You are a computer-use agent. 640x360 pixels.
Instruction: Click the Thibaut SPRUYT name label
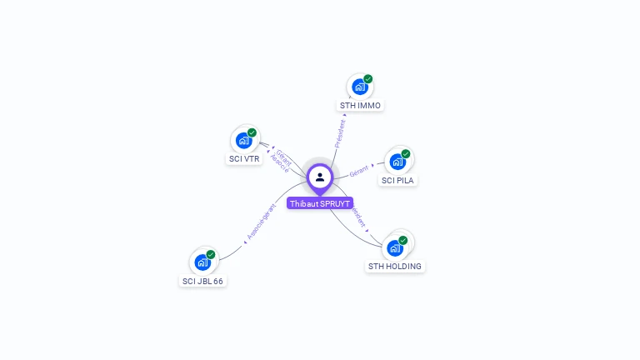coord(320,203)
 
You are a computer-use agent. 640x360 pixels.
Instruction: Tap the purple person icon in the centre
coord(320,177)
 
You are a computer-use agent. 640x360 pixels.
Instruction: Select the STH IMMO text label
coord(360,106)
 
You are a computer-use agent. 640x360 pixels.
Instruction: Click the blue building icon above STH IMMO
coord(359,87)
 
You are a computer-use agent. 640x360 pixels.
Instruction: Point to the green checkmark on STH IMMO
coord(368,79)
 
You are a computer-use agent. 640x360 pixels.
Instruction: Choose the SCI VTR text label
coord(244,158)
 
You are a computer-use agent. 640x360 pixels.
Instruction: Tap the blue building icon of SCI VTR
coord(243,140)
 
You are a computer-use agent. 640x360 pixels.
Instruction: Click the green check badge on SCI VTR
coord(252,132)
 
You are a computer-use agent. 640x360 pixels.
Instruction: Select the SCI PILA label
coord(397,180)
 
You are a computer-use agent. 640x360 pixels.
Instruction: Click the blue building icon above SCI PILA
coord(397,161)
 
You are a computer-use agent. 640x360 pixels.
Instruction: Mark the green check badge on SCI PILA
coord(406,153)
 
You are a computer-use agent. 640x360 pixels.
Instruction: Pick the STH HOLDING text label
coord(395,267)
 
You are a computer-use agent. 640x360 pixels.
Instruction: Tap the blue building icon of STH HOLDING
coord(395,247)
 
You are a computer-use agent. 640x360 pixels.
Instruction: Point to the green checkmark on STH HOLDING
coord(403,240)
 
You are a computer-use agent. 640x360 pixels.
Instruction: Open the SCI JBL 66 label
coord(203,281)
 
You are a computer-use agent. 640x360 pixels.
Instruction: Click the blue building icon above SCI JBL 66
coord(202,262)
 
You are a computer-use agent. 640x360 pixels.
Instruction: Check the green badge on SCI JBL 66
coord(211,254)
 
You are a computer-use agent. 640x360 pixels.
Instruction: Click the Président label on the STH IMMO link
coord(340,133)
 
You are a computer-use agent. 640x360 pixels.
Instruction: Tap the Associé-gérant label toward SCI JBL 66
coord(262,222)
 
